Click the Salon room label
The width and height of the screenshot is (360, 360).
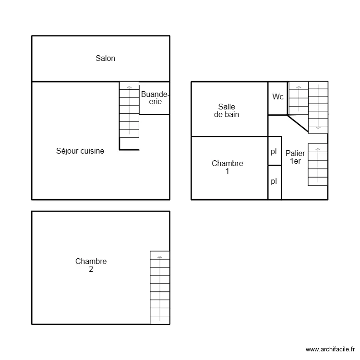point(105,59)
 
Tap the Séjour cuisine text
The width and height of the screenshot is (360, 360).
point(80,151)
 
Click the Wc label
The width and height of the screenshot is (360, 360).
point(278,97)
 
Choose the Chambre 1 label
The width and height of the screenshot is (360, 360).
point(227,167)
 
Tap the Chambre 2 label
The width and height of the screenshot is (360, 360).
point(91,265)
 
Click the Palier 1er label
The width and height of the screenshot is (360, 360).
point(295,157)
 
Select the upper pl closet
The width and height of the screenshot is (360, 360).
point(274,152)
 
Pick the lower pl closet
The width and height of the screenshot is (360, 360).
point(274,181)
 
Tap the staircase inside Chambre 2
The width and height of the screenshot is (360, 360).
point(160,288)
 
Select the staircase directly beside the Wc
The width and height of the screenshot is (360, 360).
point(298,98)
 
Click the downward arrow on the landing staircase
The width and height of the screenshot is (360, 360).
point(318,128)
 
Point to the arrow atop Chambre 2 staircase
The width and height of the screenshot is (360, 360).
point(160,257)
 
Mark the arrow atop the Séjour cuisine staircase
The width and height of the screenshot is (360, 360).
point(129,87)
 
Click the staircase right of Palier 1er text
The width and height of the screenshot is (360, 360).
point(317,165)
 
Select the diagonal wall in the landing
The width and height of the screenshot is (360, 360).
point(298,123)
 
